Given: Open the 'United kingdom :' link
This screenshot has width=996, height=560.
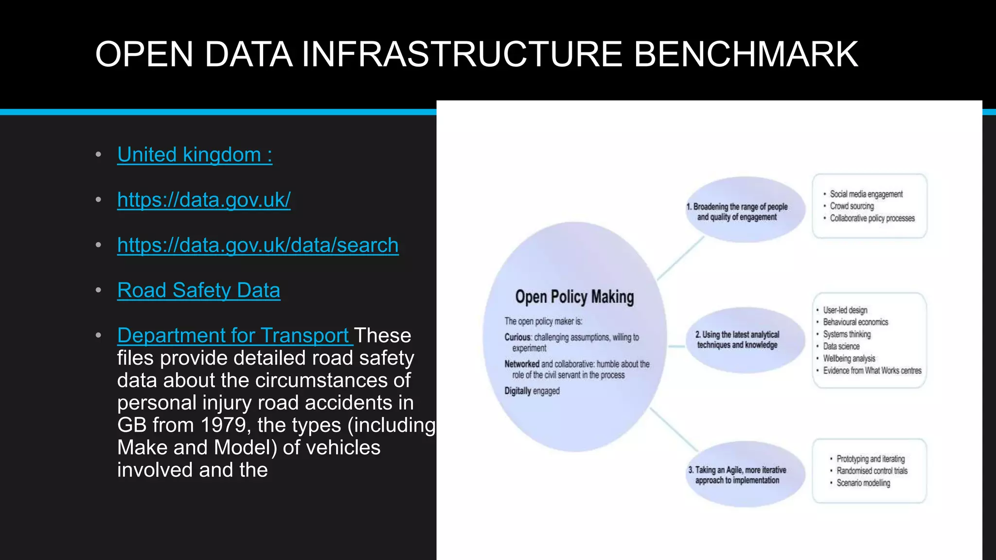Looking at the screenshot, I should pyautogui.click(x=195, y=155).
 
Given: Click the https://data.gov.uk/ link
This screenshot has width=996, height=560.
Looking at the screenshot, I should pyautogui.click(x=204, y=200).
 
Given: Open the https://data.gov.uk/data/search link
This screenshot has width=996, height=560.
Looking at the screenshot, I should pyautogui.click(x=258, y=245).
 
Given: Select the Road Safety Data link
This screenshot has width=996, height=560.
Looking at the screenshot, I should pyautogui.click(x=198, y=290).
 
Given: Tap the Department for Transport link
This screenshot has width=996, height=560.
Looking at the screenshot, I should pyautogui.click(x=233, y=335).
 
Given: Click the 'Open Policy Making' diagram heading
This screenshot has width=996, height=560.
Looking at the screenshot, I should pyautogui.click(x=574, y=297).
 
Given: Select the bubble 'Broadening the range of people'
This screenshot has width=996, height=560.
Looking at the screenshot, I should pyautogui.click(x=737, y=212).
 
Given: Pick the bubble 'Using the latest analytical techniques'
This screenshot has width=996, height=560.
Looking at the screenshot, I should pyautogui.click(x=737, y=339).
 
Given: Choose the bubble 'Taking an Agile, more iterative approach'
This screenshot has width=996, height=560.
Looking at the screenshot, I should pyautogui.click(x=737, y=474).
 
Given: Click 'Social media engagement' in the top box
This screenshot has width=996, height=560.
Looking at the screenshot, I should pyautogui.click(x=866, y=194).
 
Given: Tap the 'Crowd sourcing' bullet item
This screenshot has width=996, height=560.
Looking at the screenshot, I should pyautogui.click(x=852, y=206).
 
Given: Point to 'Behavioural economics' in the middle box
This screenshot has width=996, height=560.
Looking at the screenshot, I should pyautogui.click(x=855, y=322).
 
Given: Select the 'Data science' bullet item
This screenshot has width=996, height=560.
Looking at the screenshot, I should pyautogui.click(x=841, y=346).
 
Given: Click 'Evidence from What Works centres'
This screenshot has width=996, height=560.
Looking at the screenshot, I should pyautogui.click(x=872, y=370).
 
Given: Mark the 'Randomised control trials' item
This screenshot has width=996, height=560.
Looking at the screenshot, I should pyautogui.click(x=872, y=471).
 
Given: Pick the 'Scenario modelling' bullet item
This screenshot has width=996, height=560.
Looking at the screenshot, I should pyautogui.click(x=863, y=483).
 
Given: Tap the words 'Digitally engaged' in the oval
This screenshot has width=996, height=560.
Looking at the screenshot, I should pyautogui.click(x=532, y=391).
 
